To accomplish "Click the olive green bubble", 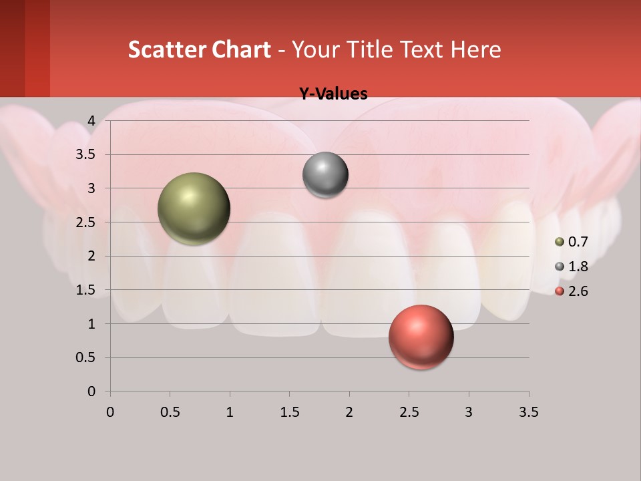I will coord(194,208).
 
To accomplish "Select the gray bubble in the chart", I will coord(325,175).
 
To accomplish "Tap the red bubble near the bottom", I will coord(421,337).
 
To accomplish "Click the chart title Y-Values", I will coord(333,94).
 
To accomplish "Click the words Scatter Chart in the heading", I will coord(200,49).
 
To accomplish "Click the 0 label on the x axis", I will coord(110,412).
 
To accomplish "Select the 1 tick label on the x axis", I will coord(230,412).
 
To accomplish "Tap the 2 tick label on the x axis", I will coord(349,412).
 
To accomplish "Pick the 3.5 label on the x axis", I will coord(528,412).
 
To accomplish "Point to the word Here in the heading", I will coord(476,49).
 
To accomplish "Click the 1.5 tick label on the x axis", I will coord(289,412).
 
